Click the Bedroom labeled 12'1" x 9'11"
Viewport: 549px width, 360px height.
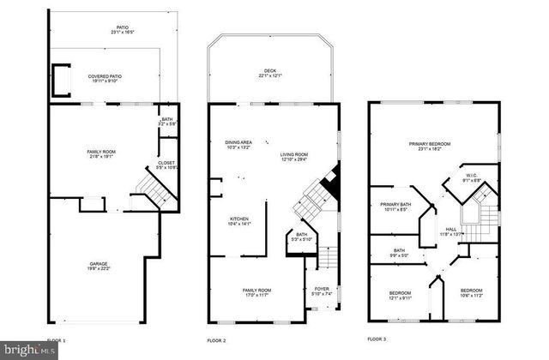[395, 295]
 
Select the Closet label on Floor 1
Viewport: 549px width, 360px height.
[166, 165]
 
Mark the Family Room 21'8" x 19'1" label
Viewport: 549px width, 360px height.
[101, 154]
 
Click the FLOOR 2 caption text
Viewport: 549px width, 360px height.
[216, 340]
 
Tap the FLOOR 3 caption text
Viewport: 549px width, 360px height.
[377, 339]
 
